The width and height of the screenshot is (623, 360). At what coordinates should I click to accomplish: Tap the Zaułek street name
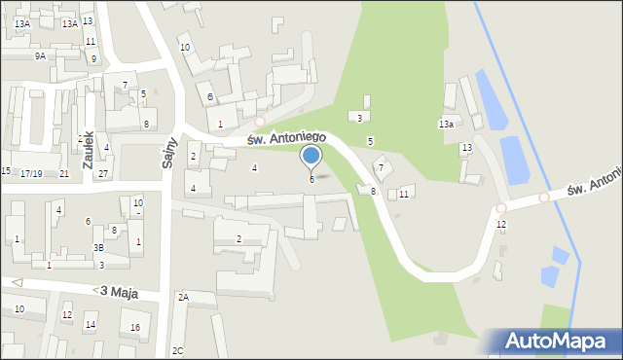click(x=88, y=150)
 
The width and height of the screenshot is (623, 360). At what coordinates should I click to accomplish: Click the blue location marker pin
click(x=311, y=158)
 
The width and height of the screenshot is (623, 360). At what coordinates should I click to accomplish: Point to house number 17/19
click(x=31, y=173)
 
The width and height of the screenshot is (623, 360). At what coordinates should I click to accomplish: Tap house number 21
click(x=64, y=173)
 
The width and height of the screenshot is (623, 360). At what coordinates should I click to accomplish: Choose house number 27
click(x=102, y=173)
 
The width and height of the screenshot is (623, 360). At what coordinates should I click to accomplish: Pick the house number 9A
click(x=40, y=56)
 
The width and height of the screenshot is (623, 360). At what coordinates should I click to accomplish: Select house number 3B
click(x=98, y=247)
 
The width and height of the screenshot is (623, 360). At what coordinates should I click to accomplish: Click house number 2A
click(x=183, y=297)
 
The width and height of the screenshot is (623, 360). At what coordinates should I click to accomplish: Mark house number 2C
click(x=177, y=350)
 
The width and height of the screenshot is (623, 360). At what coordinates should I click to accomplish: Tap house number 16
click(x=135, y=327)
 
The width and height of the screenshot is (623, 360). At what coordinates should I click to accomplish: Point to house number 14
click(x=91, y=325)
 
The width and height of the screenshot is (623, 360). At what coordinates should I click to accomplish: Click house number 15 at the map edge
click(x=6, y=171)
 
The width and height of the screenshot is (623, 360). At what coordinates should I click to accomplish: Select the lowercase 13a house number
click(x=446, y=125)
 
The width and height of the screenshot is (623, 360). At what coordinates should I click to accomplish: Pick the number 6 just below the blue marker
click(x=311, y=179)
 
